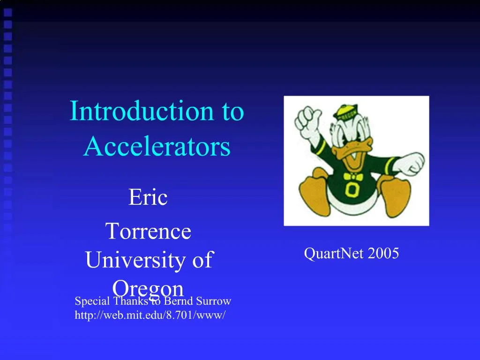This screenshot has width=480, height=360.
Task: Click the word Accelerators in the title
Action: pyautogui.click(x=157, y=147)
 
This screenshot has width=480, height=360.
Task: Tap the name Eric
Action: pyautogui.click(x=148, y=197)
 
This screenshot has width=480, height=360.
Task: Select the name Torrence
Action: pyautogui.click(x=148, y=232)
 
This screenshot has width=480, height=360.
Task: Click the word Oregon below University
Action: pyautogui.click(x=148, y=287)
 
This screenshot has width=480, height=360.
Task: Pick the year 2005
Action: pyautogui.click(x=383, y=254)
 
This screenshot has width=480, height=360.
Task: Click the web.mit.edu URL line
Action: pyautogui.click(x=150, y=315)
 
